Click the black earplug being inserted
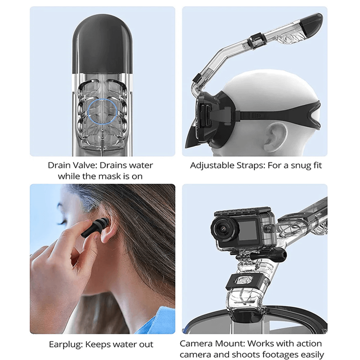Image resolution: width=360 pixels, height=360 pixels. tap(93, 229)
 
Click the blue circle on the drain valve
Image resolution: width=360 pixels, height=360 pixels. tap(103, 112)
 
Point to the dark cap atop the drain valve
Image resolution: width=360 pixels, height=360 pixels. tap(103, 44)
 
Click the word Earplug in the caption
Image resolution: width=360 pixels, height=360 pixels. tap(66, 345)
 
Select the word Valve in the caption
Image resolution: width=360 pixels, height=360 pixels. tap(85, 165)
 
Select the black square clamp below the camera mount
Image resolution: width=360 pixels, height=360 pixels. tap(244, 282)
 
